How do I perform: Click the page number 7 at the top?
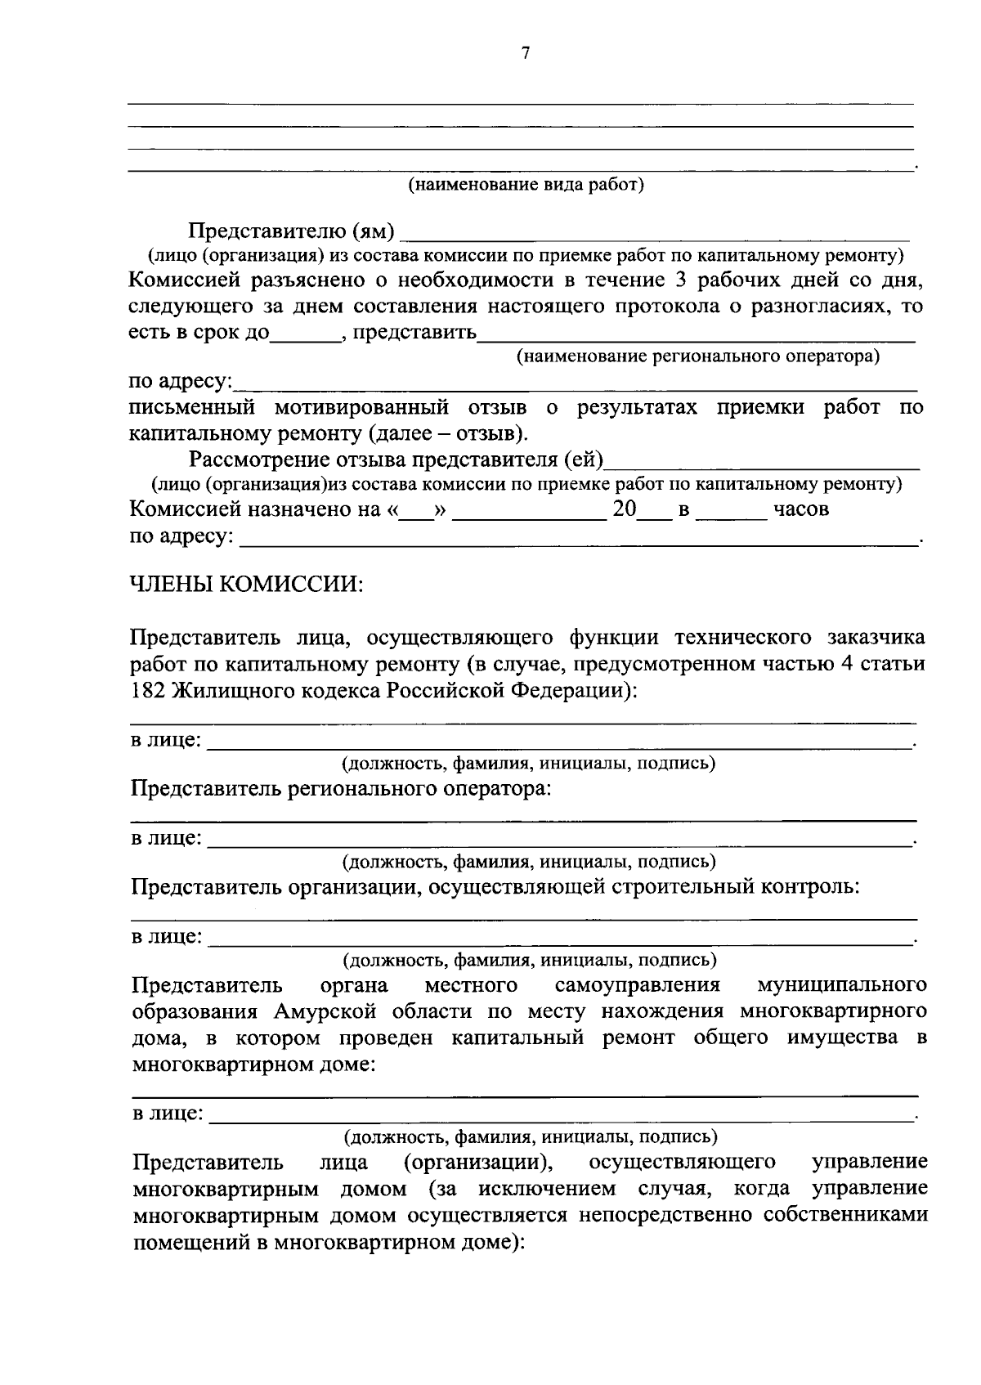coord(526,54)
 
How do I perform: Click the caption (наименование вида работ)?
coord(526,185)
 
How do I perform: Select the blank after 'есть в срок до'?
coord(305,334)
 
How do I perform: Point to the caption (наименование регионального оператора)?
coord(697,357)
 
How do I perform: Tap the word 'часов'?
coord(801,510)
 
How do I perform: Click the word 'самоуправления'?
coord(637,984)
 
